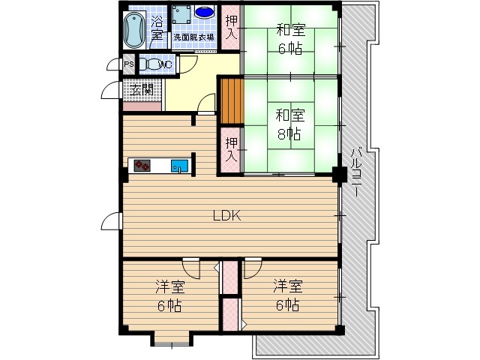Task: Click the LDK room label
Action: point(226,217)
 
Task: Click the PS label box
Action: point(128,64)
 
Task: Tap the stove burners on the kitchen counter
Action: point(142,166)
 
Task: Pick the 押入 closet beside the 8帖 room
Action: point(231,149)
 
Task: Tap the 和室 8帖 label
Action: point(289,124)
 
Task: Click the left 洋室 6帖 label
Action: point(169,295)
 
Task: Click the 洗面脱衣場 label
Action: point(193,36)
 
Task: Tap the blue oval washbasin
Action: point(204,13)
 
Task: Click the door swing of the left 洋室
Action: point(190,268)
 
